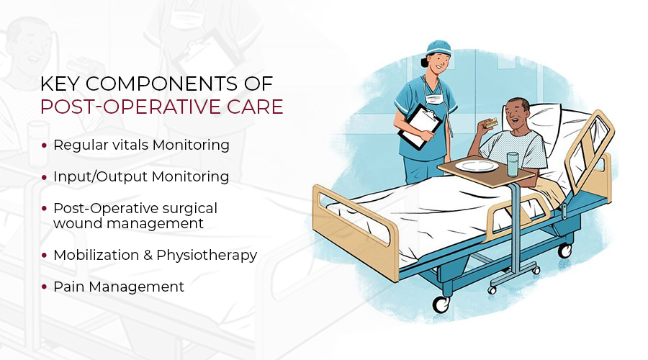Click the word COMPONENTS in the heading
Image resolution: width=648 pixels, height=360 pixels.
161,84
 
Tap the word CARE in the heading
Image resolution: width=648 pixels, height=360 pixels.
255,107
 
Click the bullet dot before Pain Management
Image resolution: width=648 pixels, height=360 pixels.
44,287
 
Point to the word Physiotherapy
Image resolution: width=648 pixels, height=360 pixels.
207,256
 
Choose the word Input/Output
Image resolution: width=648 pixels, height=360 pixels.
100,177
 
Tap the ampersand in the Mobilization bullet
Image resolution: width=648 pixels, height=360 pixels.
148,256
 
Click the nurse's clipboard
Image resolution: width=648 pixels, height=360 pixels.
420,126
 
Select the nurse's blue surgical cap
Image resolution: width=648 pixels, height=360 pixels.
438,47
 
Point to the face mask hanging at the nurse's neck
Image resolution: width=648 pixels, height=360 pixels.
434,99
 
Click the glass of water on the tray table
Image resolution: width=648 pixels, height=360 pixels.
513,164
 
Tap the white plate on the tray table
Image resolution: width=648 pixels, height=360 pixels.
477,166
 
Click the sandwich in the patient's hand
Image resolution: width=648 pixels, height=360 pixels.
491,122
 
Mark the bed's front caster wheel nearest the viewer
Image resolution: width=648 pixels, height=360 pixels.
441,305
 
